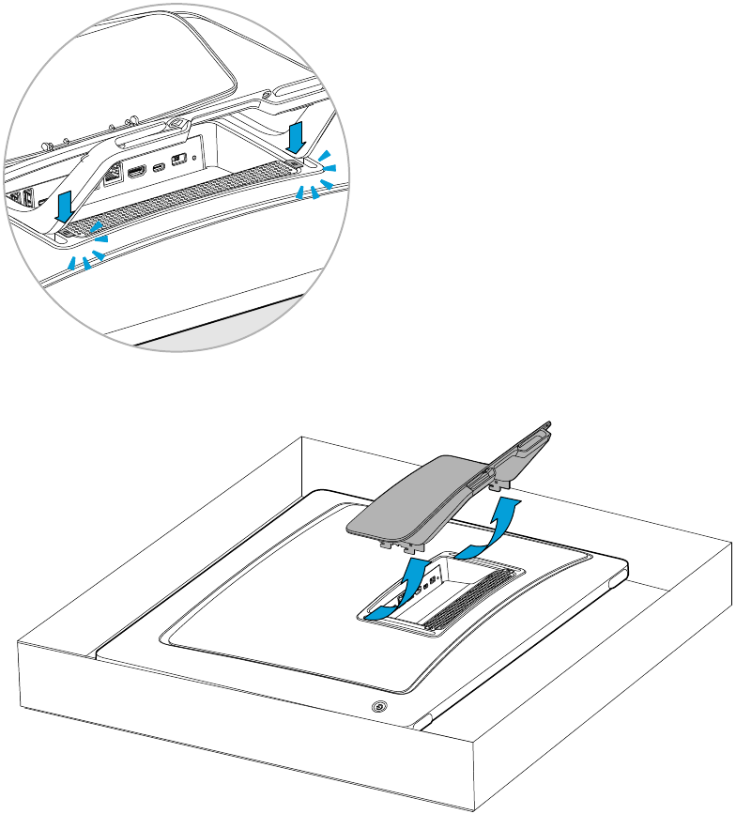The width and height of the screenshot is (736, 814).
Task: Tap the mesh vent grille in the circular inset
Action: point(188,192)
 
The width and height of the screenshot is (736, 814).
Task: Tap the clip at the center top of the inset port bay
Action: point(176,122)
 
